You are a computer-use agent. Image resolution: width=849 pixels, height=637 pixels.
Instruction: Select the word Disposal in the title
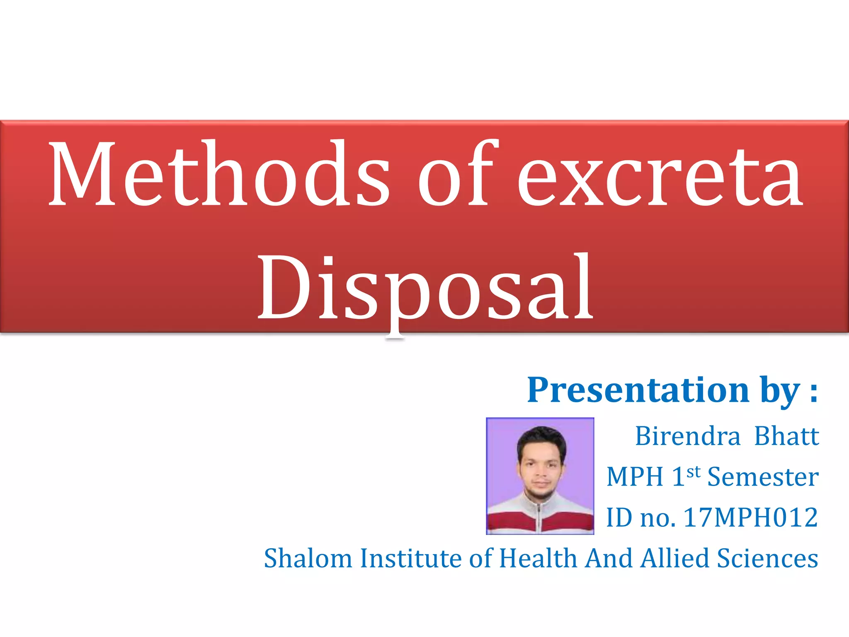click(x=425, y=288)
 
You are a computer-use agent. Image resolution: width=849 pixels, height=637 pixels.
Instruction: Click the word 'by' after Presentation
click(x=779, y=392)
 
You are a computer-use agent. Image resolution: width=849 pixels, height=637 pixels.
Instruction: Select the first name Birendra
click(x=687, y=436)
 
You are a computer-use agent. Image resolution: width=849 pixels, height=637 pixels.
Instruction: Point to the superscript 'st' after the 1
click(x=693, y=472)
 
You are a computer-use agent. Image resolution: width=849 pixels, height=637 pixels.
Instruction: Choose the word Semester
click(x=763, y=477)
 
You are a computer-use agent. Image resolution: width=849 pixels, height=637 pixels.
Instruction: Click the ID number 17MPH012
click(x=750, y=518)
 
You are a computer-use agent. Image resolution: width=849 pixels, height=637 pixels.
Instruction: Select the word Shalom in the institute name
click(x=308, y=558)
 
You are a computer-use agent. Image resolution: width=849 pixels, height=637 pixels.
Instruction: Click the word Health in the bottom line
click(x=538, y=558)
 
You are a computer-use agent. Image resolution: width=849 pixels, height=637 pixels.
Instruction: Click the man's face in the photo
click(x=540, y=469)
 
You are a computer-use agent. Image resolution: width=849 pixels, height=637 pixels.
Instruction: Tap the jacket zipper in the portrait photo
click(x=539, y=516)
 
